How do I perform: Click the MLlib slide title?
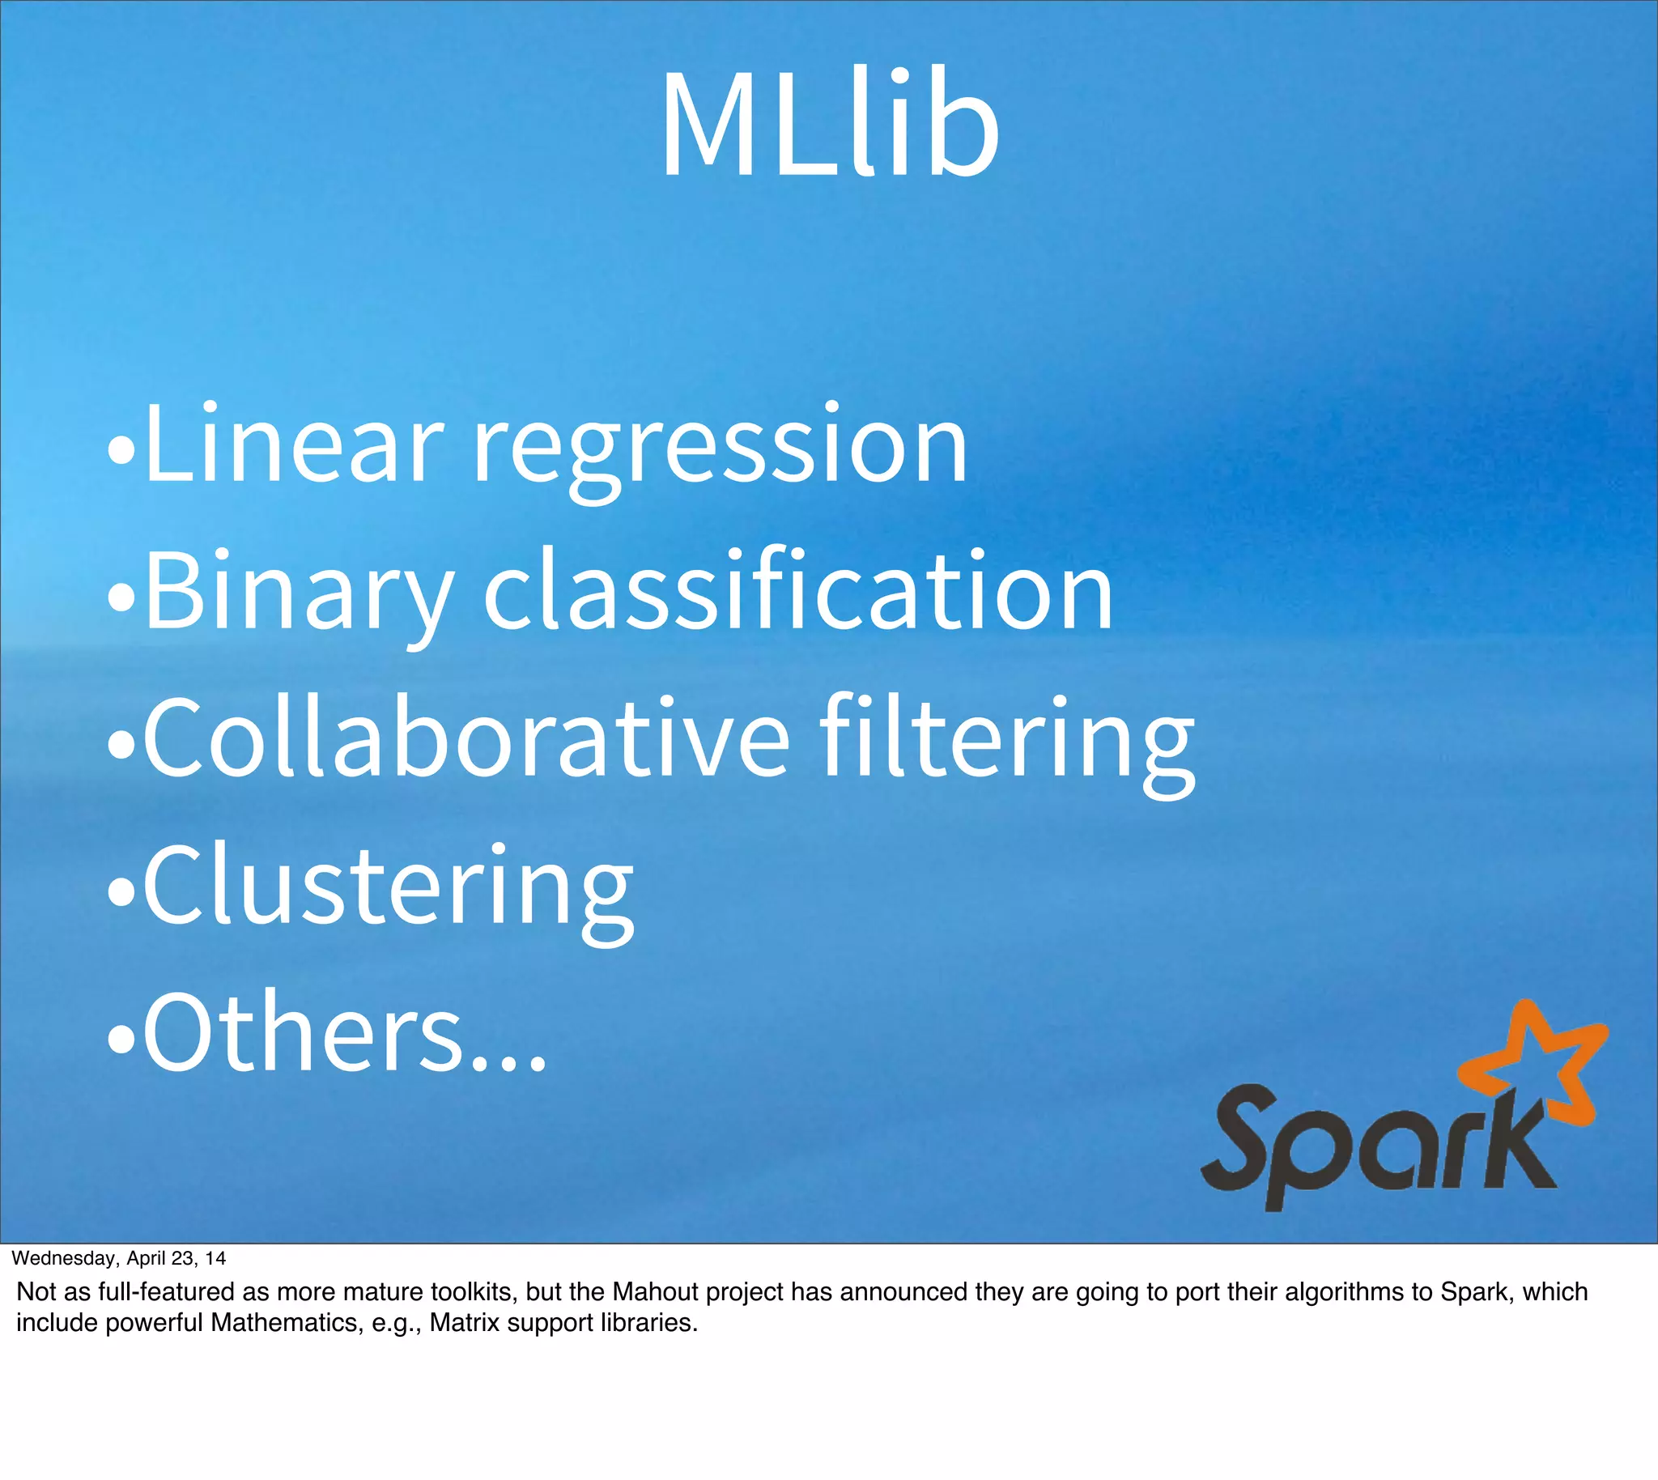[x=830, y=126]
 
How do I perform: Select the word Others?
[x=301, y=1033]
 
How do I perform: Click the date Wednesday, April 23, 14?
[x=119, y=1258]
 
